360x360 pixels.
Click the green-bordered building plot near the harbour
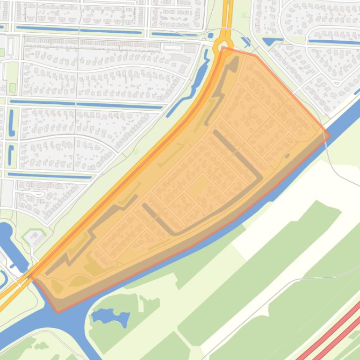pyautogui.click(x=33, y=236)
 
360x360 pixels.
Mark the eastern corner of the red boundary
pyautogui.click(x=330, y=136)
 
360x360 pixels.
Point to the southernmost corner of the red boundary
pyautogui.click(x=58, y=312)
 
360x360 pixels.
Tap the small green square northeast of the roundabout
pyautogui.click(x=243, y=15)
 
